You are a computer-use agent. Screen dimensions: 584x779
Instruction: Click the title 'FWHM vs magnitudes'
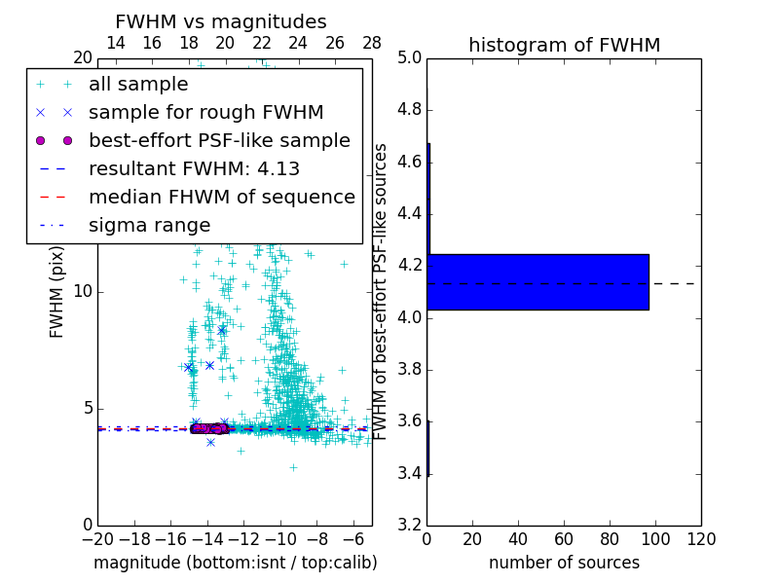tap(221, 22)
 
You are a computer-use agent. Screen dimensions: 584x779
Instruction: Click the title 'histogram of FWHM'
tap(564, 45)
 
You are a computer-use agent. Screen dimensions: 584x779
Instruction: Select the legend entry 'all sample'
tap(138, 85)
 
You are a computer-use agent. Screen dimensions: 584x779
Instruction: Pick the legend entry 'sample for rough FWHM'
tap(206, 112)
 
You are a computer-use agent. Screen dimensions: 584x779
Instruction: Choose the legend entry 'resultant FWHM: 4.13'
tap(194, 168)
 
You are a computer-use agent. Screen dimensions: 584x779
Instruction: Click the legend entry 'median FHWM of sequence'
tap(221, 197)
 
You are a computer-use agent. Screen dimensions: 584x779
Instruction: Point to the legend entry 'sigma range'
tap(149, 225)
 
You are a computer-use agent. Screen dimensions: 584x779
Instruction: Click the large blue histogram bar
tap(538, 281)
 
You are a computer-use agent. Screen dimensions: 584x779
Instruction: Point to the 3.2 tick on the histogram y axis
tap(408, 526)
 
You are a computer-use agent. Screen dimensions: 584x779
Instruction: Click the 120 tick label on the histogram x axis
tap(700, 539)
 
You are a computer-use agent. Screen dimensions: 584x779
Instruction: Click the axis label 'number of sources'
tap(564, 563)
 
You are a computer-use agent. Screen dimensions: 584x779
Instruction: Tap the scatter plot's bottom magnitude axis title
tap(235, 563)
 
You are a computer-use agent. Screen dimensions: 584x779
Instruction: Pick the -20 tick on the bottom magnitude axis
tap(97, 539)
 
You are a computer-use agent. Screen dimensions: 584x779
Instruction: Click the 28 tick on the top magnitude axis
tap(372, 43)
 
